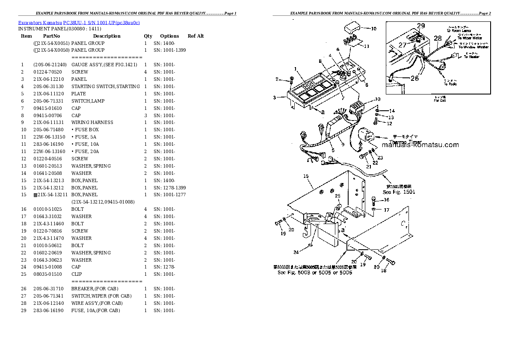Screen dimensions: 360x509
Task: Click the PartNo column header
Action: (51, 36)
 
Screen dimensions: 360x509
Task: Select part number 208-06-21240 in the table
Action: (50, 65)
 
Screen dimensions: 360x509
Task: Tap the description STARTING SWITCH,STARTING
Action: (105, 86)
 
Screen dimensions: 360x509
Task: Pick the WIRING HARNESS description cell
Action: (92, 122)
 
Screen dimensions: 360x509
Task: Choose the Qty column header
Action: (148, 36)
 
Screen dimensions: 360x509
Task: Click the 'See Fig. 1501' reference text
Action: (399, 192)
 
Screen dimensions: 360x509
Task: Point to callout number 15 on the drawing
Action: (306, 176)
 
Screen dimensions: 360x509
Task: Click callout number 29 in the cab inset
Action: (421, 26)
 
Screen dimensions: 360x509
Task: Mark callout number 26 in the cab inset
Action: (415, 78)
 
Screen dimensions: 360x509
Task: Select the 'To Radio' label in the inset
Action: (450, 84)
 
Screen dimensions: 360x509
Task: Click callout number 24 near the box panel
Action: (296, 252)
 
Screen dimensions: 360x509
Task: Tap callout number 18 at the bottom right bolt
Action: (383, 271)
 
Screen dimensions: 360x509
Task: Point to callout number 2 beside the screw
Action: (277, 79)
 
